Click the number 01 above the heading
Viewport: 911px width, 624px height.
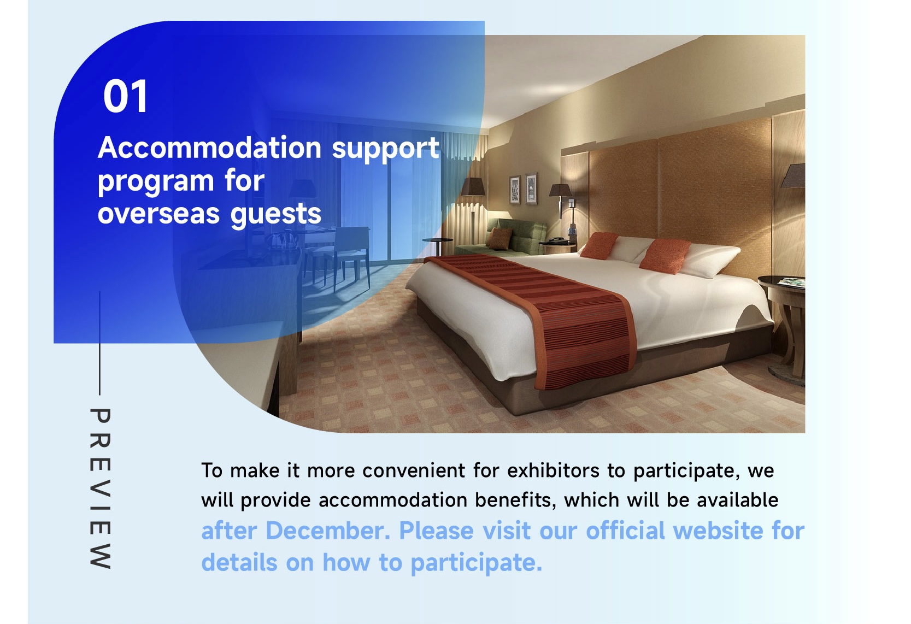125,97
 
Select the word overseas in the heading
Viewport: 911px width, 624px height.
158,214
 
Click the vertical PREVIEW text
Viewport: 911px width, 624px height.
100,488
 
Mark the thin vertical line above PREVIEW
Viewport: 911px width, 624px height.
99,343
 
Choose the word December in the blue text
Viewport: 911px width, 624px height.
328,531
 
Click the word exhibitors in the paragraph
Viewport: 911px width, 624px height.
553,471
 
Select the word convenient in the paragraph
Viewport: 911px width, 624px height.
414,471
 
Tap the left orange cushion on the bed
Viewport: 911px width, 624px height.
598,245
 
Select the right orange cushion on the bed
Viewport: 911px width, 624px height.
665,256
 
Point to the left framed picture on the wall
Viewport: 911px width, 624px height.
515,190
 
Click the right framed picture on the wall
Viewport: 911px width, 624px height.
531,188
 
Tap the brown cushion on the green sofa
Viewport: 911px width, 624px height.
499,238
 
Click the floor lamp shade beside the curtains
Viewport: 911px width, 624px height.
473,187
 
